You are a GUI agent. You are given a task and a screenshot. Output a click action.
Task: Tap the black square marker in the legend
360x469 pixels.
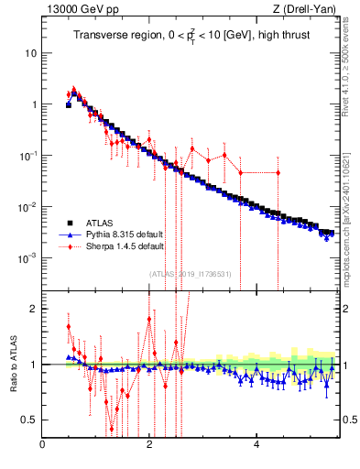tap(69, 223)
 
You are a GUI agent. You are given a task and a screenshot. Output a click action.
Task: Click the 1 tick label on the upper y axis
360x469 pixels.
tap(34, 104)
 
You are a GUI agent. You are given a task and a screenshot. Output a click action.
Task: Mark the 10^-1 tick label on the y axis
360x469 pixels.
tap(28, 155)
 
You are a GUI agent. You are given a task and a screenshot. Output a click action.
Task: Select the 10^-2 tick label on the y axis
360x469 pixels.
tap(28, 206)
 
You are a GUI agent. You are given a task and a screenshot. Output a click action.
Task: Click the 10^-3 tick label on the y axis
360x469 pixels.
tap(28, 257)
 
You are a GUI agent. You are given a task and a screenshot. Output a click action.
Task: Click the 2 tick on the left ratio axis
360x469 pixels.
tap(34, 309)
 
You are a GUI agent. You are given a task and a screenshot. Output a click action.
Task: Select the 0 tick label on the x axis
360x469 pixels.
tap(42, 446)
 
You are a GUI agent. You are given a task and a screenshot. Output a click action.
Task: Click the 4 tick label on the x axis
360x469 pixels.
tap(256, 446)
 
